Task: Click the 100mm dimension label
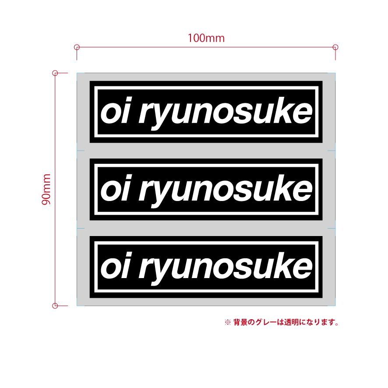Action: (x=206, y=38)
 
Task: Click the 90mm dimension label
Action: (x=47, y=189)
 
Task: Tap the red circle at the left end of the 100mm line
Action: (x=77, y=47)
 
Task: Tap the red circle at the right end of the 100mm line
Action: (x=335, y=47)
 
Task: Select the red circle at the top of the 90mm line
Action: (x=55, y=73)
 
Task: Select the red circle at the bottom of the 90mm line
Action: (x=55, y=305)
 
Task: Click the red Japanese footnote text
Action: (x=282, y=323)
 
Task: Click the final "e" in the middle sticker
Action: (x=303, y=191)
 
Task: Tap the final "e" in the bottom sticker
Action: (x=303, y=269)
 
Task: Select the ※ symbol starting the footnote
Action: (x=227, y=323)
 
